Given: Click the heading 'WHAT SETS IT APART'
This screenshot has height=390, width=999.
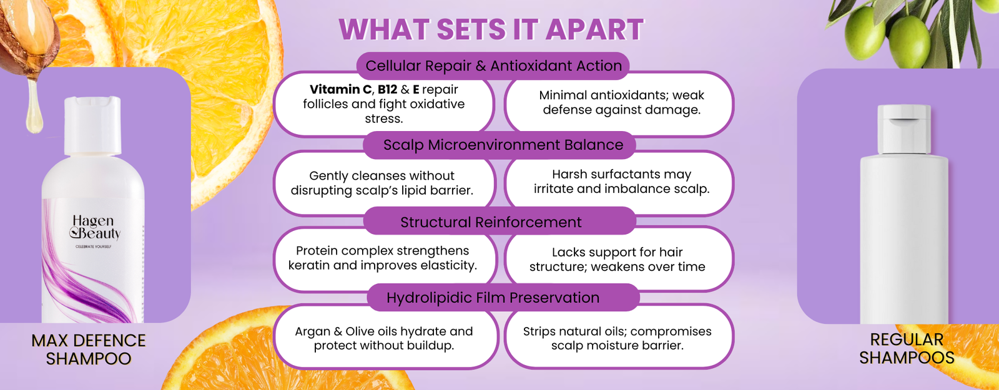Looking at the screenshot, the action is click(x=491, y=29).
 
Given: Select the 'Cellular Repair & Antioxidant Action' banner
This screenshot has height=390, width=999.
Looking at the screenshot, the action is click(x=493, y=66).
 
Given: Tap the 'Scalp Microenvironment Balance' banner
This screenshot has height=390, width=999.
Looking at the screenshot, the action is click(x=499, y=145).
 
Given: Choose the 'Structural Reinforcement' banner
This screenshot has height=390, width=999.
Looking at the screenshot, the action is click(x=499, y=222).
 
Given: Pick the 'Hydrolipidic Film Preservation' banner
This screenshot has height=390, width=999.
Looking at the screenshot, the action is click(x=503, y=297).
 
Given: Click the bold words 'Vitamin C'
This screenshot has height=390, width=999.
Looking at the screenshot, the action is click(x=340, y=90).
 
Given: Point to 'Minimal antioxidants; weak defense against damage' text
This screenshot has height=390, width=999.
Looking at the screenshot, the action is click(x=621, y=102).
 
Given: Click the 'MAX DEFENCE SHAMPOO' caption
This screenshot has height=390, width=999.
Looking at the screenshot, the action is click(x=88, y=349).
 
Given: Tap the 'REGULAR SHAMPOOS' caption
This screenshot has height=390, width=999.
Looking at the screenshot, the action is click(x=907, y=349).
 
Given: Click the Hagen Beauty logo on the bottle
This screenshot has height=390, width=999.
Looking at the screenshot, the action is click(x=95, y=228).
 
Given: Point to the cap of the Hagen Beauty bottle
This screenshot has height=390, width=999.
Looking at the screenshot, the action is click(x=93, y=125).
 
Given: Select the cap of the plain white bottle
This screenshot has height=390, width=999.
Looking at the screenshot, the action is click(x=904, y=129).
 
